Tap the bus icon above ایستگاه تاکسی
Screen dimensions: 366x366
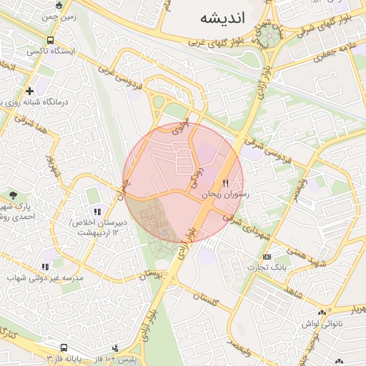pyautogui.click(x=50, y=41)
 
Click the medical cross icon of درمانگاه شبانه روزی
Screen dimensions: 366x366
pyautogui.click(x=29, y=91)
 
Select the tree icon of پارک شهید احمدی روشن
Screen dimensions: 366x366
pyautogui.click(x=14, y=195)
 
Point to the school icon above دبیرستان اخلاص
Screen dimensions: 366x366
pyautogui.click(x=97, y=211)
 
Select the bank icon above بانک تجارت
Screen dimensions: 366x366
pyautogui.click(x=267, y=257)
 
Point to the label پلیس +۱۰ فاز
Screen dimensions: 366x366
pyautogui.click(x=116, y=356)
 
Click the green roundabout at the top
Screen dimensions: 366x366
pyautogui.click(x=271, y=34)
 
